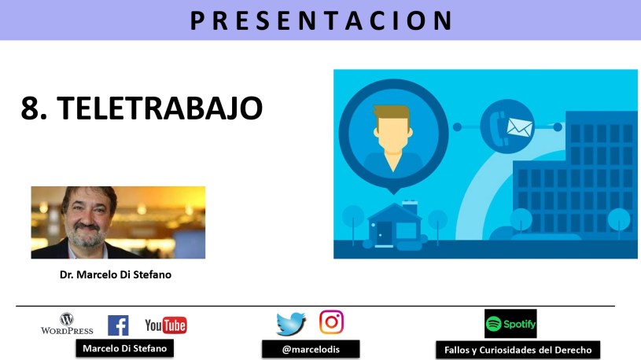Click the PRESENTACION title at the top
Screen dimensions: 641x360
322,21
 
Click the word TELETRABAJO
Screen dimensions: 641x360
160,108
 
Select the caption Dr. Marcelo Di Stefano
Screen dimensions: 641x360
116,274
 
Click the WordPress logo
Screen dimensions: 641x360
67,324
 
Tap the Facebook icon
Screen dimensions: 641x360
118,325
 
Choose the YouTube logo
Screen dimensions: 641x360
166,325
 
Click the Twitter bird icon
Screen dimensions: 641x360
291,324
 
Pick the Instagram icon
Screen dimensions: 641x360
332,322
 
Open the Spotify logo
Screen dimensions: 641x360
510,324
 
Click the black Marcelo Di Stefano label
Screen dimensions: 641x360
125,348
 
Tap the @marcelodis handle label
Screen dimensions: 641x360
311,349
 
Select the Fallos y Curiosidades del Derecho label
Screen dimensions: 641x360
518,351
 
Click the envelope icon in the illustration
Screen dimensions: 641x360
520,127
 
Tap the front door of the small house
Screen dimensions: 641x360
385,233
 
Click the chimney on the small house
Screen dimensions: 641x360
410,208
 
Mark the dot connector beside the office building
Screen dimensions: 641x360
558,127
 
